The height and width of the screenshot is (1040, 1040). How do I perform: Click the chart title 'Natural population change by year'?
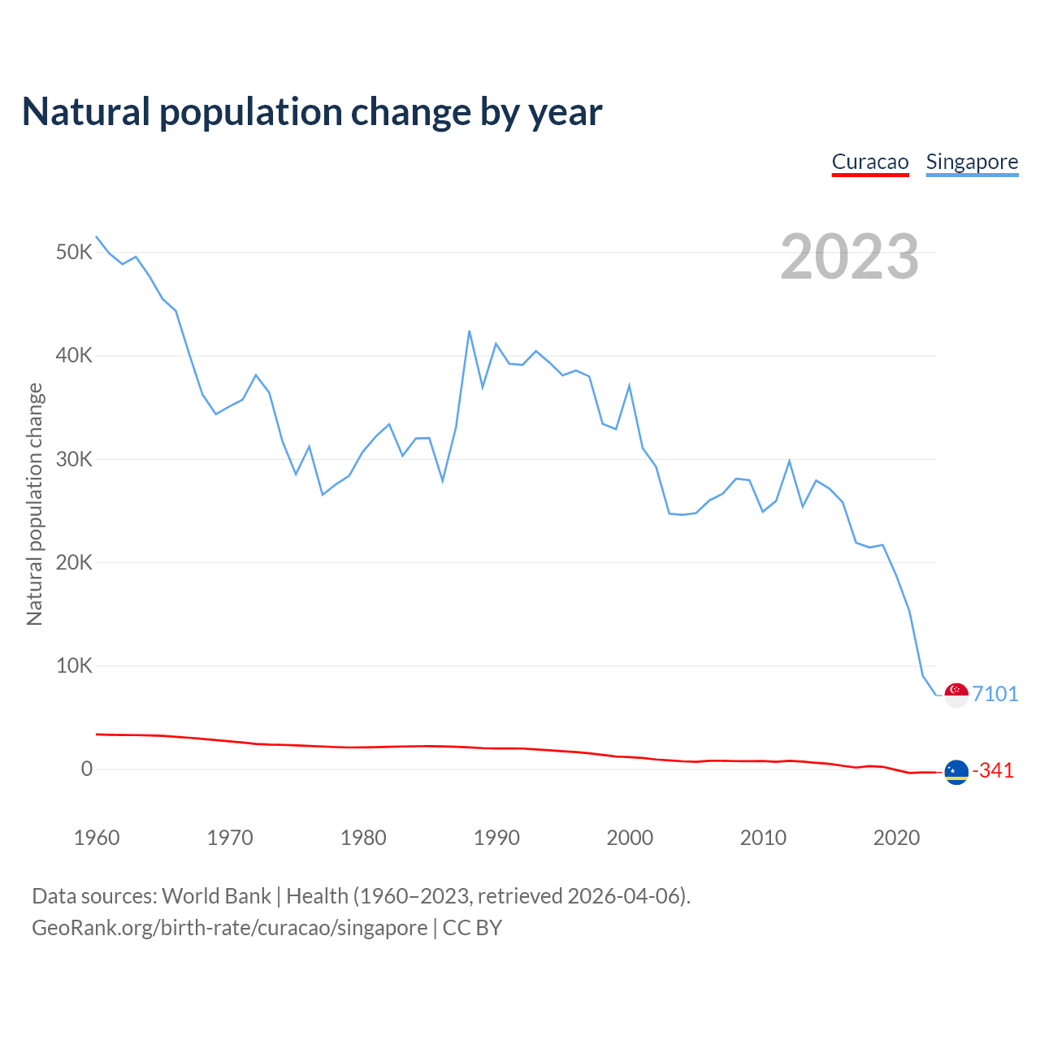coord(312,112)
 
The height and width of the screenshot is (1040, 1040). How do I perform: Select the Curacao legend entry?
coord(870,162)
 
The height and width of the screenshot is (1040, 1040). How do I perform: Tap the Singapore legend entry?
coord(972,162)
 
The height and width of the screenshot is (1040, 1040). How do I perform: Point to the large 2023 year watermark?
coord(849,257)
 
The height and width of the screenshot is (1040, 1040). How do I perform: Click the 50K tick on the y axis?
coord(74,253)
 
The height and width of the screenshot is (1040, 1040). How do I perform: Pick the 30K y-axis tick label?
coord(74,459)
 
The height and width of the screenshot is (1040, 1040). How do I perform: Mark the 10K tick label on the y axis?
coord(74,666)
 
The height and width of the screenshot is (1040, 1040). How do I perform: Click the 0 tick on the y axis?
coord(87,769)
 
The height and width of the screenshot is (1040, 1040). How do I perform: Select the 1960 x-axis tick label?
coord(97,838)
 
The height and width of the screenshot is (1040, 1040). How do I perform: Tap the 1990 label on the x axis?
coord(496,838)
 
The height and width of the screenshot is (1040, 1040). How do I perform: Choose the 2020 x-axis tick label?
coord(896,838)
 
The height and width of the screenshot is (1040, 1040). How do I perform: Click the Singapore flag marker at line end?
coord(956,695)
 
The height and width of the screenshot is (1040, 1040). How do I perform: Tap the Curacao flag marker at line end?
coord(956,772)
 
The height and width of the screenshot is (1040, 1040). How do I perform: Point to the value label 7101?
coord(995,694)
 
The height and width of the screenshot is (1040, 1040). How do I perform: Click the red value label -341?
coord(993,770)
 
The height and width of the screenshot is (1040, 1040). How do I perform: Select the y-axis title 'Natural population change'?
coord(35,504)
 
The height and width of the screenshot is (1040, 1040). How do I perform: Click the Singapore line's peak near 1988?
coord(470,331)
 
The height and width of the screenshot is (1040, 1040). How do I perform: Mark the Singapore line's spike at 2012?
coord(789,461)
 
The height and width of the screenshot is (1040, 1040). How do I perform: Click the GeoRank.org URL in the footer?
coord(229,928)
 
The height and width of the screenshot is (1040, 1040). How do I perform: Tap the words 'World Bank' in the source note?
coord(216,896)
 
